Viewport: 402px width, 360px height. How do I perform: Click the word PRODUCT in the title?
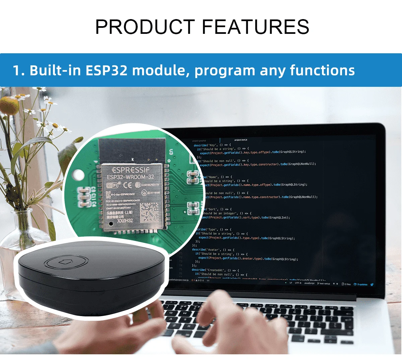tap(145, 27)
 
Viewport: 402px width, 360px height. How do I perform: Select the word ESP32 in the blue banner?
tap(107, 71)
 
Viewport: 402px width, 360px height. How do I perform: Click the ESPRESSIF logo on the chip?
tap(131, 170)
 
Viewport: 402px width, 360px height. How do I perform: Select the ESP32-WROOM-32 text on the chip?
tap(130, 177)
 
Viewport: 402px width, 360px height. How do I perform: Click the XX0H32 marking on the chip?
tap(125, 221)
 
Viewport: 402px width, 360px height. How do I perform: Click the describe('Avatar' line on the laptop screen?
tap(213, 250)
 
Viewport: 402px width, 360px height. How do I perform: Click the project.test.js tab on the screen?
tap(241, 140)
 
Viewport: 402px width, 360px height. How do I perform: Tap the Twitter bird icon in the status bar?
tap(372, 285)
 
